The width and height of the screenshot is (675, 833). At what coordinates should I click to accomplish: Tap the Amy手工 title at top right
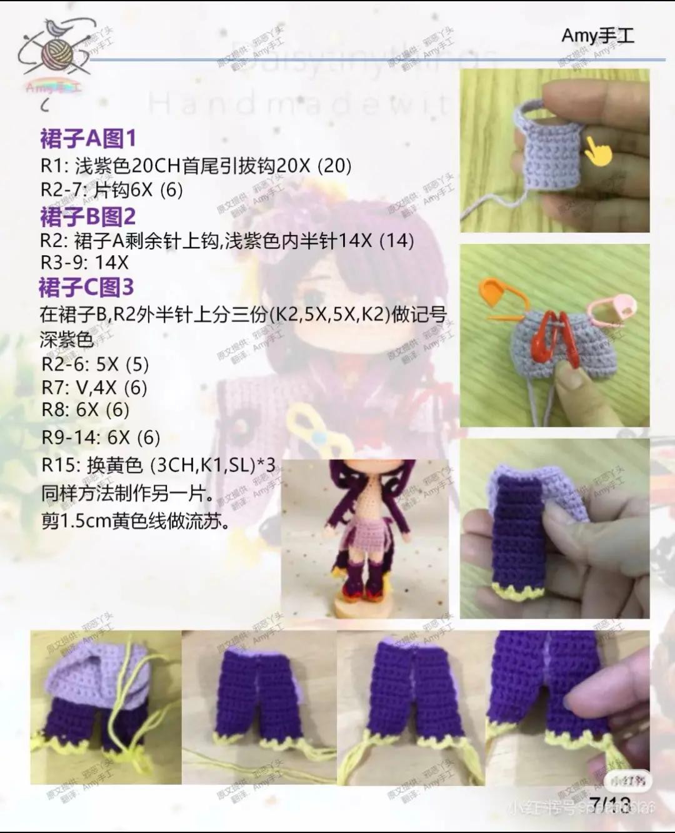point(597,36)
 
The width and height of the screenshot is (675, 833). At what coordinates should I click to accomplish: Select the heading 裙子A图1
point(88,138)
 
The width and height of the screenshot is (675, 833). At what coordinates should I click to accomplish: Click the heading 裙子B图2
point(88,217)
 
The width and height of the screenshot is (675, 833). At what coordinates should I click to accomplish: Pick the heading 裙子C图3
point(86,288)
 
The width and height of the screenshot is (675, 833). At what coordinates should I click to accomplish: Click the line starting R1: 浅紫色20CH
point(196,166)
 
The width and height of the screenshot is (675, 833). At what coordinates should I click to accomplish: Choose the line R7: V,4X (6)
point(94,388)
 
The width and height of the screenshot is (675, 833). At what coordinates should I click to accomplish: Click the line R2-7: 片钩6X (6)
point(112,189)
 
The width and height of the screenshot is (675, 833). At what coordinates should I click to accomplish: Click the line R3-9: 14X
point(84,262)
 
